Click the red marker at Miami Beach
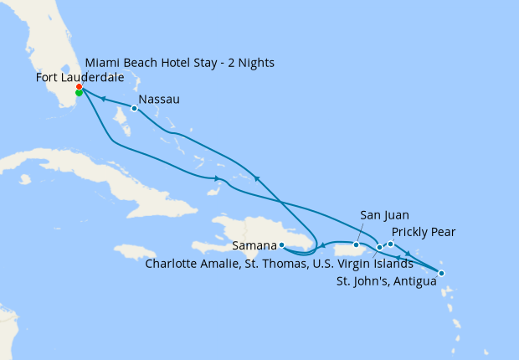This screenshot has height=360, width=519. tap(79, 87)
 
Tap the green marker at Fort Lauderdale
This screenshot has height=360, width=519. tap(79, 93)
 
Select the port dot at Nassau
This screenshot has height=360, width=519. tap(134, 108)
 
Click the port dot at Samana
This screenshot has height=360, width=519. tap(283, 245)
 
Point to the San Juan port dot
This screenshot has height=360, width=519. tap(356, 245)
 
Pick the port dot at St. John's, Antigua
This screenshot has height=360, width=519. tap(441, 274)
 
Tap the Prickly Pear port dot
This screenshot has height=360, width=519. tap(390, 244)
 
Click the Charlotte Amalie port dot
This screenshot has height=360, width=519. tap(379, 248)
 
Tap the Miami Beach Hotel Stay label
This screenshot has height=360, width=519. tap(179, 63)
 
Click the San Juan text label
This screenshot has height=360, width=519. tap(384, 215)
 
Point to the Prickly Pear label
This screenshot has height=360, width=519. tap(423, 232)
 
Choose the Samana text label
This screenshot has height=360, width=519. tap(254, 246)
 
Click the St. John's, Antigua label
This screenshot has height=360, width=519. tap(388, 281)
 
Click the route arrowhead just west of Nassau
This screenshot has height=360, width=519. tap(104, 98)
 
